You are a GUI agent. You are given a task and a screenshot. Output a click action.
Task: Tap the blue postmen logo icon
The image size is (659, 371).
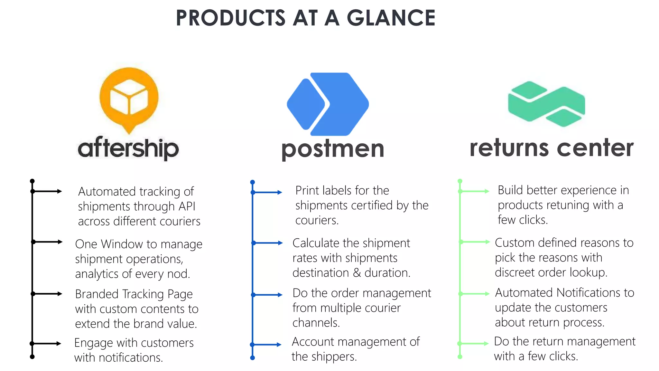pyautogui.click(x=328, y=104)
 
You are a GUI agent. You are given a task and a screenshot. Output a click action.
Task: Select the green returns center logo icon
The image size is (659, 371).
pyautogui.click(x=546, y=104)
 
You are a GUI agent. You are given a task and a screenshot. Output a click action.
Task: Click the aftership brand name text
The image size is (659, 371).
pyautogui.click(x=128, y=148)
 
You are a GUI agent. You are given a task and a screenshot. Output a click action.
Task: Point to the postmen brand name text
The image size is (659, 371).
pyautogui.click(x=333, y=149)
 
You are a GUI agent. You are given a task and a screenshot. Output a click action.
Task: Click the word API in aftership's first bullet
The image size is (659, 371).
pyautogui.click(x=187, y=206)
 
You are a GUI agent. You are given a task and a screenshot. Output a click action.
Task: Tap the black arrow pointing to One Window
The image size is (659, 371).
pyautogui.click(x=48, y=242)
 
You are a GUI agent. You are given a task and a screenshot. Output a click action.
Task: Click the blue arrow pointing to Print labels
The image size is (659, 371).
pyautogui.click(x=268, y=193)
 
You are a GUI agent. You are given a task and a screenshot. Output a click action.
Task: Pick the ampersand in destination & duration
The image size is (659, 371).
pyautogui.click(x=357, y=273)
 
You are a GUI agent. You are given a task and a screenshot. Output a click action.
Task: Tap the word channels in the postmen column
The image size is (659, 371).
pyautogui.click(x=316, y=323)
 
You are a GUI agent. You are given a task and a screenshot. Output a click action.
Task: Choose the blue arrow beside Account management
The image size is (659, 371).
pyautogui.click(x=267, y=345)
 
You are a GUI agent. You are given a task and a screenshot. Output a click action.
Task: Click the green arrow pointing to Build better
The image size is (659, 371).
pyautogui.click(x=475, y=191)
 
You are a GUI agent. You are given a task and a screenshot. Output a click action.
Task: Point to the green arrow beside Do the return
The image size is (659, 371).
pyautogui.click(x=474, y=344)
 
